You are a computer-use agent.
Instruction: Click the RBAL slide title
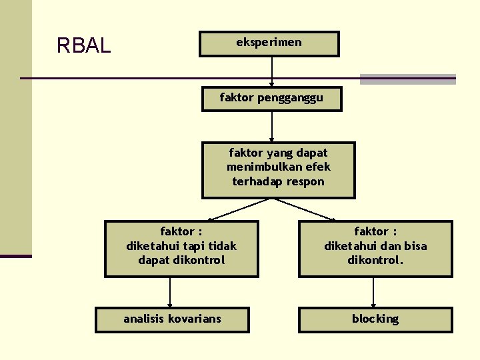pyautogui.click(x=83, y=45)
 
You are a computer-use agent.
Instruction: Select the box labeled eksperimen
pyautogui.click(x=269, y=43)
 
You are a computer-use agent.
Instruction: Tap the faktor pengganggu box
pyautogui.click(x=271, y=98)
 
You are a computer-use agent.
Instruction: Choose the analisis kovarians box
pyautogui.click(x=172, y=319)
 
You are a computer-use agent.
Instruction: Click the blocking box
pyautogui.click(x=375, y=319)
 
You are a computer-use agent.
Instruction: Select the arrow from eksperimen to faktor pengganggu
pyautogui.click(x=271, y=71)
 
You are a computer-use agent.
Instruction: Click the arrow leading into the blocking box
pyautogui.click(x=373, y=292)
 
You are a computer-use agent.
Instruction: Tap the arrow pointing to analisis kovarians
pyautogui.click(x=170, y=292)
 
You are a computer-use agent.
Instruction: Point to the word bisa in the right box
pyautogui.click(x=413, y=246)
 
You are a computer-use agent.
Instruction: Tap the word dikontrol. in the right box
pyautogui.click(x=375, y=260)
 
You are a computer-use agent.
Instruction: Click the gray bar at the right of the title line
pyautogui.click(x=408, y=79)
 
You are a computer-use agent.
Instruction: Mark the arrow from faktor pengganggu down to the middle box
pyautogui.click(x=271, y=126)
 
